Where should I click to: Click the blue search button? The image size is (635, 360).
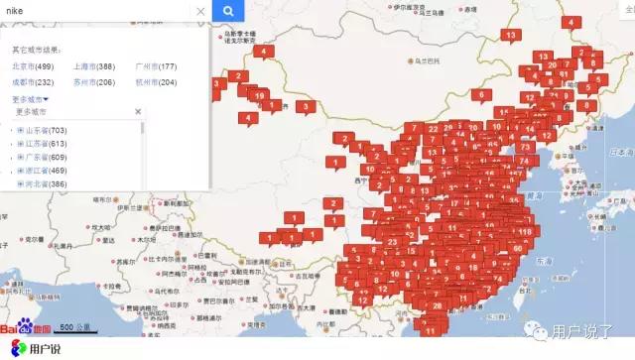[x=227, y=11]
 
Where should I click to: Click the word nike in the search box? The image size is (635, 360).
[x=15, y=12]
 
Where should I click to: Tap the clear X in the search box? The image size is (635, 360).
[x=199, y=12]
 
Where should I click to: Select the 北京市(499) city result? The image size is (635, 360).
[x=32, y=65]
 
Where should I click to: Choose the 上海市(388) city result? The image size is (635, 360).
[x=94, y=65]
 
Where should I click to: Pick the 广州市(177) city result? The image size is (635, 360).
[x=155, y=65]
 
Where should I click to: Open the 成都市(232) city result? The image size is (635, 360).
[x=32, y=81]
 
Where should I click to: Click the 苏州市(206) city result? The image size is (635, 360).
[x=94, y=81]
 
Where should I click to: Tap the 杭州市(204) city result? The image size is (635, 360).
[x=155, y=81]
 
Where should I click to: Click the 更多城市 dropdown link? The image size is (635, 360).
[x=30, y=99]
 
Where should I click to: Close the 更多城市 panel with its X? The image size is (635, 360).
[x=138, y=112]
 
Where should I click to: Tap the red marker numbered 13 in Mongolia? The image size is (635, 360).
[x=512, y=36]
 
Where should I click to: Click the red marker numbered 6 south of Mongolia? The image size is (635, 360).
[x=481, y=96]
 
